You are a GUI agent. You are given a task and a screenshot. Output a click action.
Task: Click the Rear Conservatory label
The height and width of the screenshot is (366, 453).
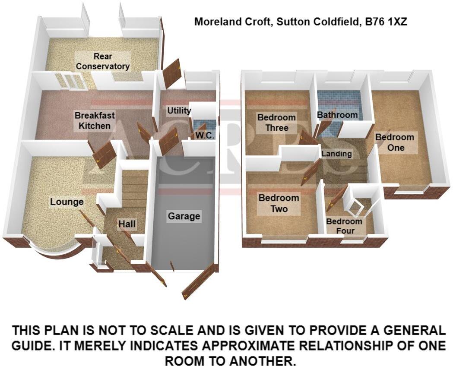point(103,61)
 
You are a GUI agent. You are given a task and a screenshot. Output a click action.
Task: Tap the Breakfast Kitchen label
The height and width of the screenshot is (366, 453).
point(92,121)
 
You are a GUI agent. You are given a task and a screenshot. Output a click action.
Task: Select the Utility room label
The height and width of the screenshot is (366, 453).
point(179,111)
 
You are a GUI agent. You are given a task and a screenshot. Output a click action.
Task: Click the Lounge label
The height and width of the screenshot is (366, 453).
point(67,202)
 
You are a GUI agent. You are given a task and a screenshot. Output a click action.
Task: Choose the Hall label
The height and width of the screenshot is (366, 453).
point(127,224)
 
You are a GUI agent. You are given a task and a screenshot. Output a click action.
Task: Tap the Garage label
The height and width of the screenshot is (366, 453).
point(184,216)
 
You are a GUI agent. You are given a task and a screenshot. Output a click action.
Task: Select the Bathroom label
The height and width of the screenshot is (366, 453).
point(337,115)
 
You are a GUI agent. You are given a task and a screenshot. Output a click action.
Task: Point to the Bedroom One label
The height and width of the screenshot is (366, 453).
point(395,142)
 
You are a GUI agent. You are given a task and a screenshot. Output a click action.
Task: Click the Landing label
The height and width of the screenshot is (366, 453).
point(340,154)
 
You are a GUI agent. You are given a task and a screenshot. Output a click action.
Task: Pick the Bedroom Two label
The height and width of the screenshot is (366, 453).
point(279,204)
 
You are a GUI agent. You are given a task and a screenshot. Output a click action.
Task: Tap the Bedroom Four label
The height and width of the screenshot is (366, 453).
point(344,226)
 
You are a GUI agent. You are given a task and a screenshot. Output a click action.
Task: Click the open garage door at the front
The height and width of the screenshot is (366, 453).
point(199,281)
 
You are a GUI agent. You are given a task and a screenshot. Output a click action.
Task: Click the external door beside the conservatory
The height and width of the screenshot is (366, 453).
point(172,73)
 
